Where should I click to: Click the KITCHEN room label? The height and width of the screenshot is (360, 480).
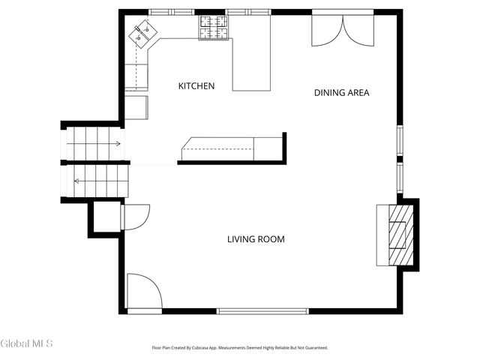tap(196, 86)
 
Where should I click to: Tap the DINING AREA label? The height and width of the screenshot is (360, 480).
tap(342, 93)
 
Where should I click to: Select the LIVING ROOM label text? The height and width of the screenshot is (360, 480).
tap(256, 239)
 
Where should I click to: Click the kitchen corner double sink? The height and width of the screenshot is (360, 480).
tap(142, 34)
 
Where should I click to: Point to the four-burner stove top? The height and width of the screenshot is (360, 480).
tap(214, 28)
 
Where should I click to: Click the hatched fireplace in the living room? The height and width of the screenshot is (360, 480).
tap(400, 235)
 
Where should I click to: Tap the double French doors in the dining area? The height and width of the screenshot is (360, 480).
tap(343, 31)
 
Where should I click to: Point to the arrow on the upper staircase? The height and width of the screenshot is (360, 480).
tap(93, 143)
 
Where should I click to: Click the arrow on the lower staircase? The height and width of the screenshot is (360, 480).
tap(101, 181)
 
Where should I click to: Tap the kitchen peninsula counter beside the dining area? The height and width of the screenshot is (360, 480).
tap(252, 64)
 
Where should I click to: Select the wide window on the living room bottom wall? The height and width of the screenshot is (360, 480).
tap(262, 311)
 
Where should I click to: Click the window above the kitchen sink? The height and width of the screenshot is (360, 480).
tap(172, 12)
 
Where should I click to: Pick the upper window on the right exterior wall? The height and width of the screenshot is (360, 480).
tap(400, 140)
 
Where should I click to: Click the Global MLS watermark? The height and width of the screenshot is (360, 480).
tap(26, 343)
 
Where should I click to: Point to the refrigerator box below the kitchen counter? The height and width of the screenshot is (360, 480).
tap(136, 107)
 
